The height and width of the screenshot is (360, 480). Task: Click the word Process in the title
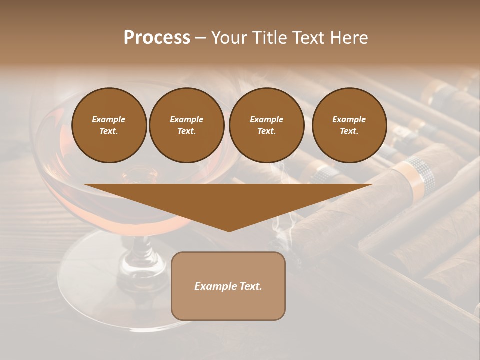pyautogui.click(x=157, y=38)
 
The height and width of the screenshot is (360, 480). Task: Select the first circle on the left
pyautogui.click(x=109, y=125)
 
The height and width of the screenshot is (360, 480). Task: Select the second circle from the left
pyautogui.click(x=187, y=125)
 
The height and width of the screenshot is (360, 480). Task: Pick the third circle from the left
pyautogui.click(x=267, y=125)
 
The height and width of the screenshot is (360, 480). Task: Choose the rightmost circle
pyautogui.click(x=349, y=125)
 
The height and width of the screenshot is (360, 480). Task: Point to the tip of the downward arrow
pyautogui.click(x=229, y=231)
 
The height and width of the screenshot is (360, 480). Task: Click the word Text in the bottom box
pyautogui.click(x=250, y=286)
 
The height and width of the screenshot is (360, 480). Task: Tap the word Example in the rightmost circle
pyautogui.click(x=349, y=119)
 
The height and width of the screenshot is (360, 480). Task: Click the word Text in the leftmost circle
pyautogui.click(x=108, y=131)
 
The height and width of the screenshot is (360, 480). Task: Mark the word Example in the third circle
pyautogui.click(x=267, y=119)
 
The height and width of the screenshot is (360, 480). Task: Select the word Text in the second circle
pyautogui.click(x=186, y=131)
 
